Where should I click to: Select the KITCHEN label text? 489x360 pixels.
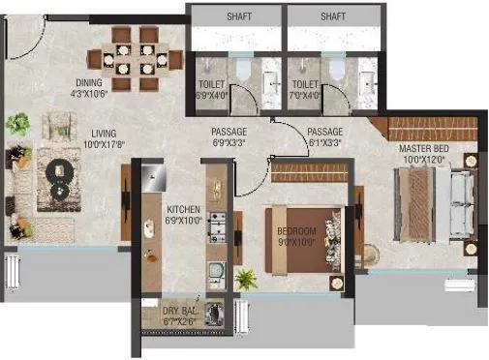tap(184, 208)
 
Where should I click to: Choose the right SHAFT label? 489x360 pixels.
tap(333, 16)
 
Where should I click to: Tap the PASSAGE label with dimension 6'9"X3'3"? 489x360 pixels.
tap(230, 133)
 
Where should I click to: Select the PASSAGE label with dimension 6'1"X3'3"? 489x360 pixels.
tap(324, 133)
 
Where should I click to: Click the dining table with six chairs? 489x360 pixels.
tap(134, 57)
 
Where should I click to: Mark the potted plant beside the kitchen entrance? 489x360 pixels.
tap(246, 280)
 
